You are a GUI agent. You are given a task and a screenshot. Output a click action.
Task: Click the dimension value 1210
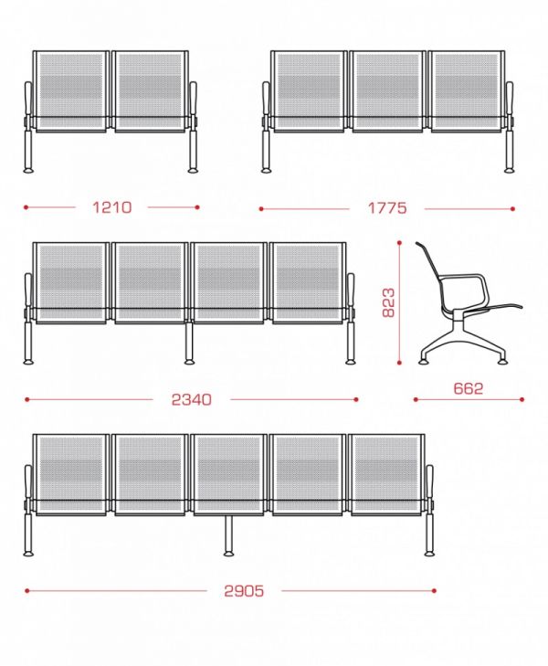[x=112, y=207]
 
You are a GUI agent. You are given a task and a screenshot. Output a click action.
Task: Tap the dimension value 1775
[x=386, y=208]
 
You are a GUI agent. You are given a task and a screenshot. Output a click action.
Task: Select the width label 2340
[x=191, y=399]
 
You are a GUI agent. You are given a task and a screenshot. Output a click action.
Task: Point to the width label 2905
[x=244, y=591]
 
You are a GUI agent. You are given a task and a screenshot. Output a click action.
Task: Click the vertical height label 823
[x=388, y=302]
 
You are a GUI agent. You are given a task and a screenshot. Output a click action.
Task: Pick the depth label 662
[x=469, y=388]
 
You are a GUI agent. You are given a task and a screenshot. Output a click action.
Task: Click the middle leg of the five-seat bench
[x=229, y=535]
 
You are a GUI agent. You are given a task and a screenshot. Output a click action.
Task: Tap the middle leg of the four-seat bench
[x=189, y=344]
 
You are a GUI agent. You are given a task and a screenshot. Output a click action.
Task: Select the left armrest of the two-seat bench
[x=28, y=100]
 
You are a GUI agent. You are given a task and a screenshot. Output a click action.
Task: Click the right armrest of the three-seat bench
[x=510, y=100]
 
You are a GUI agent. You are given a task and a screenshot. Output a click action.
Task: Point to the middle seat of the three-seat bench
[x=387, y=91]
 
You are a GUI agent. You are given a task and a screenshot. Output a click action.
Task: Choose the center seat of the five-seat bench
[x=229, y=475]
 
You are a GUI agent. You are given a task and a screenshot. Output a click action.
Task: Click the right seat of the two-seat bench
[x=150, y=91]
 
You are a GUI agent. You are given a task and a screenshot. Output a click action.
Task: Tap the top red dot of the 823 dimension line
[x=399, y=243]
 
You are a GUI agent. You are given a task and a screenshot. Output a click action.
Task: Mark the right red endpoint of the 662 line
[x=522, y=399]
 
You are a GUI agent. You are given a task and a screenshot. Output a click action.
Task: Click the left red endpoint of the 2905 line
[x=26, y=590]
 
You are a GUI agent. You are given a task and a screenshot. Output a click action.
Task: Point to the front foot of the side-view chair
[x=501, y=362]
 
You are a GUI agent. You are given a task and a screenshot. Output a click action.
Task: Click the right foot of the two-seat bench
[x=193, y=171]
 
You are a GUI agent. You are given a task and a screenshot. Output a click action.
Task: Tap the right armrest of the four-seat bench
[x=351, y=291]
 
